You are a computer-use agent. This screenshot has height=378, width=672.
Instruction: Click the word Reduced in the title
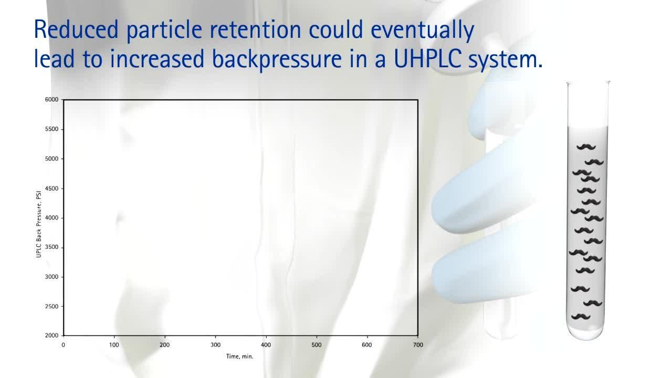pos(76,29)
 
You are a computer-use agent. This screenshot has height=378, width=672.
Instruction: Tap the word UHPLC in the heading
pos(427,58)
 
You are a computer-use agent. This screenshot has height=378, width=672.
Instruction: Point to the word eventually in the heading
pos(423,30)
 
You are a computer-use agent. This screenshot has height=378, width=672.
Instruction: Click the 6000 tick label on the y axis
pos(51,100)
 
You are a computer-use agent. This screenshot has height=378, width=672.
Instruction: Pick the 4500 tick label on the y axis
pos(51,188)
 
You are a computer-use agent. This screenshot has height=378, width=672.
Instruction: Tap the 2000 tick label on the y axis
pos(51,335)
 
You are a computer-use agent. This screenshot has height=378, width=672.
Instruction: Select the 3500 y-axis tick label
pos(51,247)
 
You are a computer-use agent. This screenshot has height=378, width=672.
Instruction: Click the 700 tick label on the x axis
pos(418,345)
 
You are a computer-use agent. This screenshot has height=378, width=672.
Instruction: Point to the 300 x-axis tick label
pos(215,345)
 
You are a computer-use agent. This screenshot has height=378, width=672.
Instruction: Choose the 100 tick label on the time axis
pos(114,345)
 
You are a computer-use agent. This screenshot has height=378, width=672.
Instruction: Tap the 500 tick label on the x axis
pos(317,345)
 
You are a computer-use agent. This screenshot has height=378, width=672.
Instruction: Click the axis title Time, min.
pos(240,356)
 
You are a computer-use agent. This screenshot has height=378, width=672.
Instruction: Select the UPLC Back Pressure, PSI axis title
pos(39,224)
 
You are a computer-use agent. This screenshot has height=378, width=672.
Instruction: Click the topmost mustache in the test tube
pos(586,147)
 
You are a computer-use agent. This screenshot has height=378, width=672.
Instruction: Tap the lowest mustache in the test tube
pos(581,317)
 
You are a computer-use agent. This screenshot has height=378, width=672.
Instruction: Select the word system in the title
pos(506,60)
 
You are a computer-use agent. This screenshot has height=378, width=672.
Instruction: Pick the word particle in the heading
pos(164,30)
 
